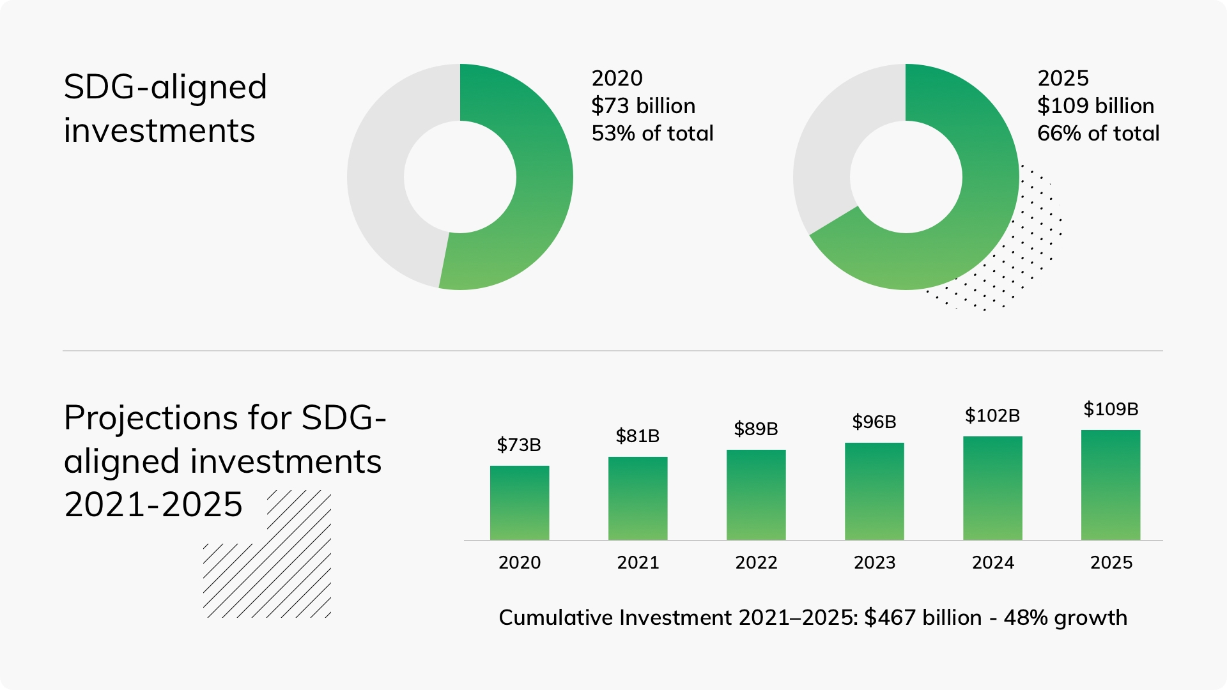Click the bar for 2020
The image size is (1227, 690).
(520, 503)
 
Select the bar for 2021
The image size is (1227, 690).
(638, 498)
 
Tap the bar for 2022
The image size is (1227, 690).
(756, 495)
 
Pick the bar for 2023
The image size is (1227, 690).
(874, 491)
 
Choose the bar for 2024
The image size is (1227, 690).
(992, 488)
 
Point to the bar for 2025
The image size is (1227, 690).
(1111, 485)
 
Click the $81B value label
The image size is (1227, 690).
(638, 436)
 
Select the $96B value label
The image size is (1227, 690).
(874, 422)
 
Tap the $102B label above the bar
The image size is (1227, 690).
(992, 415)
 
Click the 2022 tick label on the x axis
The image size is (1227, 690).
(756, 562)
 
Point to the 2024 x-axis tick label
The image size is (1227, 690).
(992, 562)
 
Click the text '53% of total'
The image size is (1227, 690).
(652, 133)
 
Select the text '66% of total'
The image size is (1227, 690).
(1098, 133)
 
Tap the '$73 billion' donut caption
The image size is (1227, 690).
(643, 105)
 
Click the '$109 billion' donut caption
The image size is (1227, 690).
(1095, 105)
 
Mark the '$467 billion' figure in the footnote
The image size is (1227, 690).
(923, 618)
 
